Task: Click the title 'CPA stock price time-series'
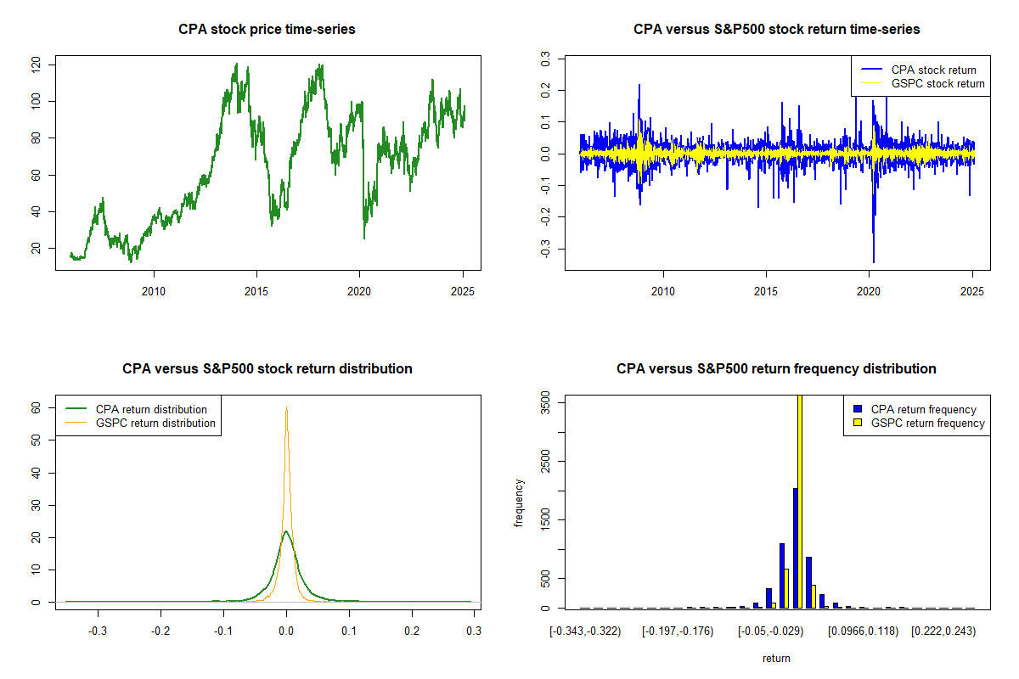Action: pyautogui.click(x=267, y=30)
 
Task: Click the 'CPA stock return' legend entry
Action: pyautogui.click(x=933, y=70)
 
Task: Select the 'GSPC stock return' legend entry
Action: pyautogui.click(x=937, y=83)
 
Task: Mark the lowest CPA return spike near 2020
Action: pyautogui.click(x=873, y=261)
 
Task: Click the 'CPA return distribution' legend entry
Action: pyautogui.click(x=151, y=409)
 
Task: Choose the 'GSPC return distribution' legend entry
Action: pyautogui.click(x=155, y=423)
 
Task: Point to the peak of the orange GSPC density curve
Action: pyautogui.click(x=287, y=408)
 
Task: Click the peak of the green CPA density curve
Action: pyautogui.click(x=287, y=531)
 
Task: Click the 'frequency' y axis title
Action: pyautogui.click(x=520, y=503)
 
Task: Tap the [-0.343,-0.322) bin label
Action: pyautogui.click(x=586, y=631)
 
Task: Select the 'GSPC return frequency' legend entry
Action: pyautogui.click(x=927, y=423)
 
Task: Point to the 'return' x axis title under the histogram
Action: pyautogui.click(x=776, y=658)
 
